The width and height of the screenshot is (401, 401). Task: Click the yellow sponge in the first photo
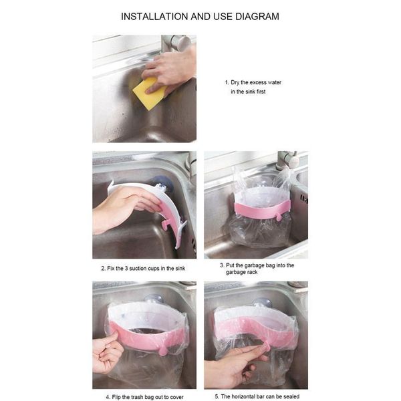pos(148,94)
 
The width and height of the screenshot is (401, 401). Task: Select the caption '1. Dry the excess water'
pos(253,82)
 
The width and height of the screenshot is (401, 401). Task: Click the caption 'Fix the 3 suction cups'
pos(142,268)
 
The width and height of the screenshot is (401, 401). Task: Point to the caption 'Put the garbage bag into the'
pos(257,265)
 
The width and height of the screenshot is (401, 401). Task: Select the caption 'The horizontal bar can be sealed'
pos(257,396)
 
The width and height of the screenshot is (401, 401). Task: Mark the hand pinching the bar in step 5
pos(234,364)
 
